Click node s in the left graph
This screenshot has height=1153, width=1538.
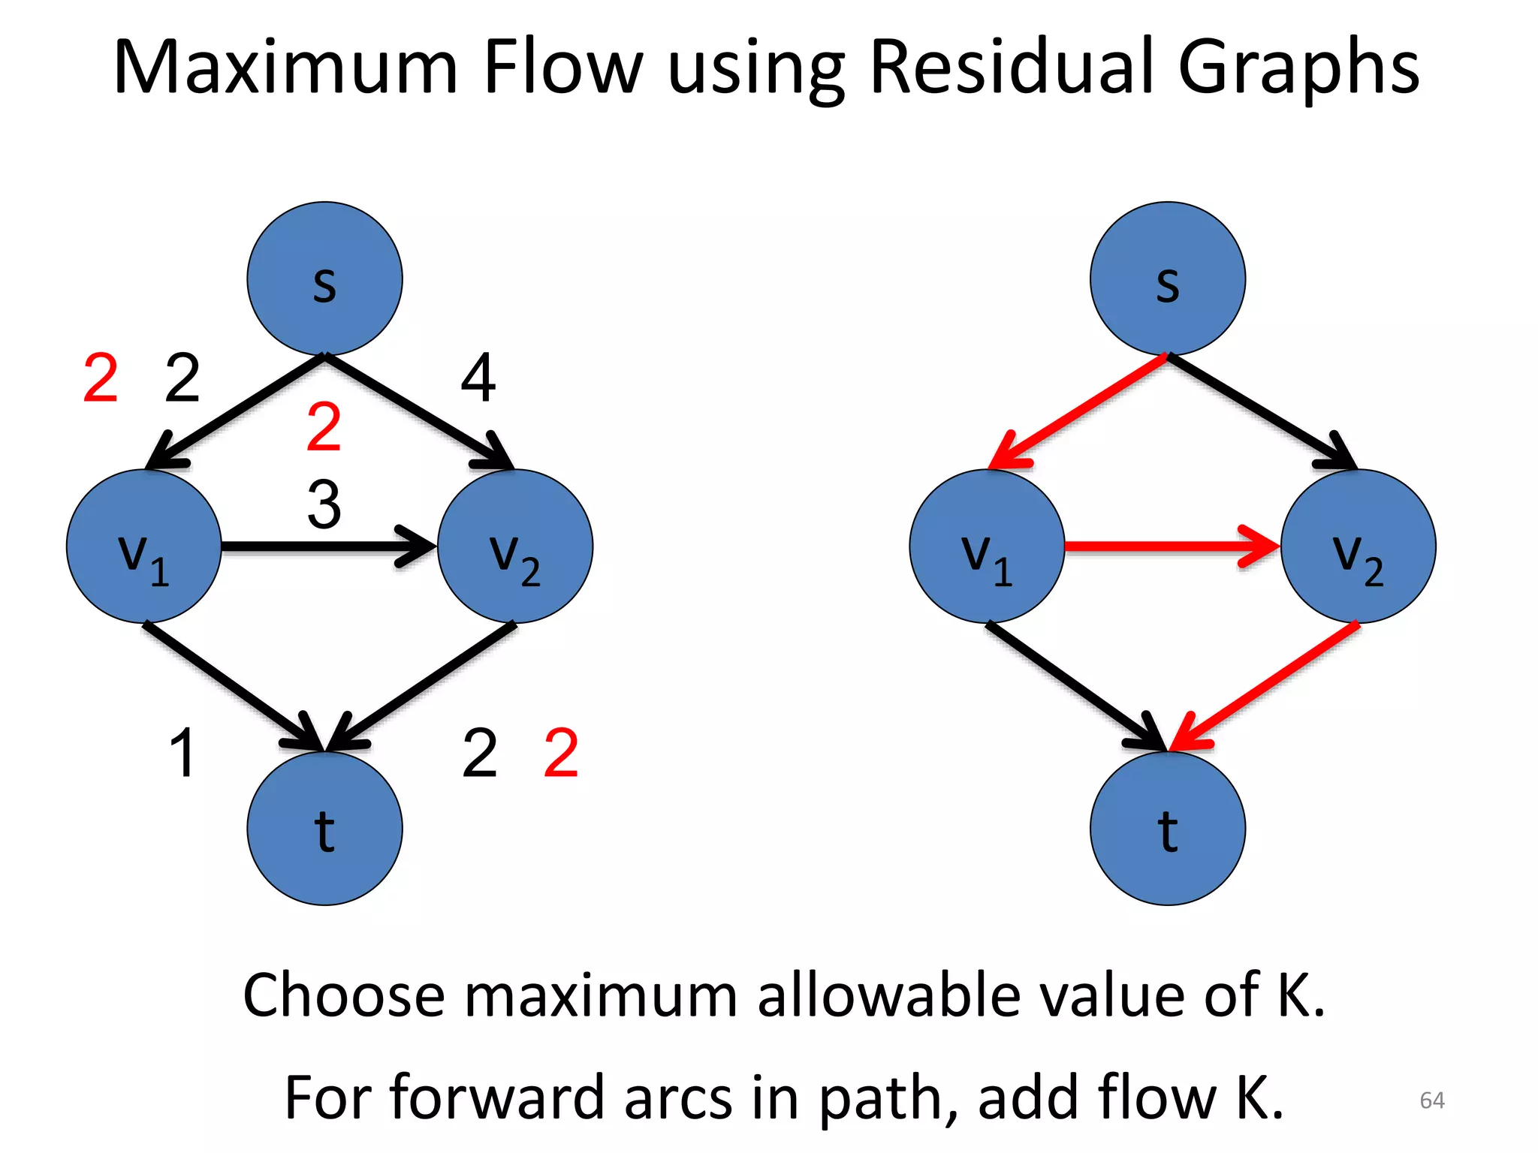tap(324, 278)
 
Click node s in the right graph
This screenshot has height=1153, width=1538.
tap(1167, 278)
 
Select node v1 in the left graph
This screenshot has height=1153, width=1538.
tap(143, 546)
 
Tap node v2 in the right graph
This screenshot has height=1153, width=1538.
tap(1358, 546)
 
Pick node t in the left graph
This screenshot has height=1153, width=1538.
tap(324, 829)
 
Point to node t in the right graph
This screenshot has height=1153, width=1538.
tap(1167, 829)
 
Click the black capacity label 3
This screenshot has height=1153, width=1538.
tap(324, 504)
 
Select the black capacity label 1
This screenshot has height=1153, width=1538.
tap(182, 752)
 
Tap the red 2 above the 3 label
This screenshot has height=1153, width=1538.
tap(324, 426)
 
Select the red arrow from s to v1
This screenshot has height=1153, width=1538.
tap(1081, 409)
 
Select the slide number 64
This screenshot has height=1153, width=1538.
tap(1431, 1100)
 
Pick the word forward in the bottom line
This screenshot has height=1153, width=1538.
tap(497, 1098)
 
